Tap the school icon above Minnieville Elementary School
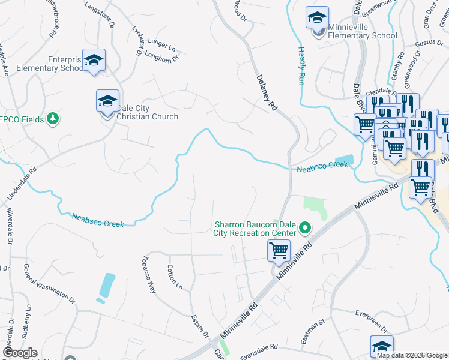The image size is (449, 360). [x=317, y=18]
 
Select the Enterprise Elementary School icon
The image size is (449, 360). [x=94, y=60]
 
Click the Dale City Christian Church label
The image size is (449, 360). [x=147, y=112]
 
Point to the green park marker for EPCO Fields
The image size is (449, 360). [x=53, y=119]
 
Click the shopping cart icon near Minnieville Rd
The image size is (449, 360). [x=279, y=251]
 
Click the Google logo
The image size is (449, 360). [x=20, y=353]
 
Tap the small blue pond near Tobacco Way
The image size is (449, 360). [x=106, y=286]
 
